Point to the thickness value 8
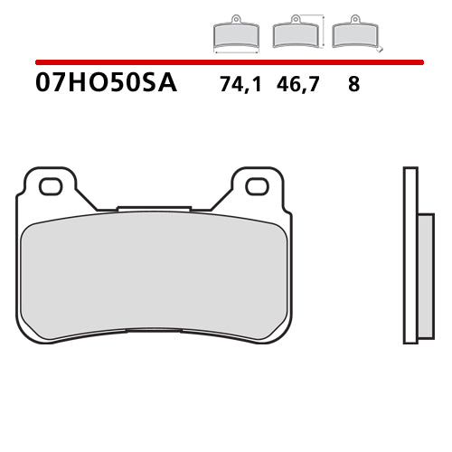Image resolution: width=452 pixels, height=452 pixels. point(353,86)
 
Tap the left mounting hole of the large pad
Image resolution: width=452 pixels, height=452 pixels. point(50,186)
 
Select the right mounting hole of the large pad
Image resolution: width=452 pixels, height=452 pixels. point(258,186)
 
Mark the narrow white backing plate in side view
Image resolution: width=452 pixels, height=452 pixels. point(410,255)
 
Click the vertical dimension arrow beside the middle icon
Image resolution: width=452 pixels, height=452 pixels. point(323,31)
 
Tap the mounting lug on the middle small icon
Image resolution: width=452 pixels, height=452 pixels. point(295,19)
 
